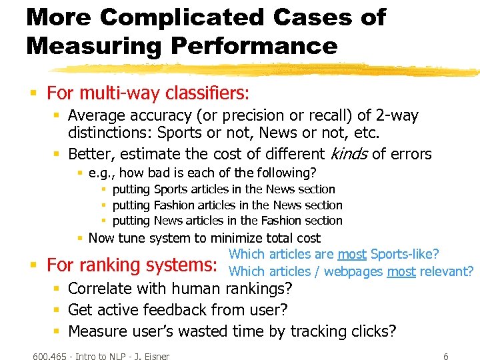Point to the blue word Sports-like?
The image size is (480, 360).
(405, 254)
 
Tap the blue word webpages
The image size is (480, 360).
(355, 271)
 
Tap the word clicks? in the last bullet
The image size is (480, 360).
(373, 331)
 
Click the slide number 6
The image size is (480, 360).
(446, 357)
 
